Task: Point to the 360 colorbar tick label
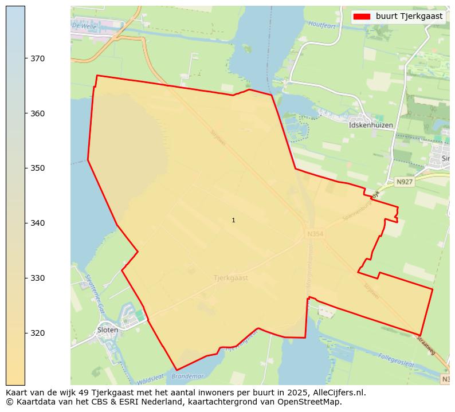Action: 38,113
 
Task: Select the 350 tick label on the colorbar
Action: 38,168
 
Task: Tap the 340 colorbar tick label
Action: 38,223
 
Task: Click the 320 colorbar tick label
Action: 38,333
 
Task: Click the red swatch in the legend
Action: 363,17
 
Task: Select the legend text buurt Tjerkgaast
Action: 409,17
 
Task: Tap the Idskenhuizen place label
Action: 371,124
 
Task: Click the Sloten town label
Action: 108,330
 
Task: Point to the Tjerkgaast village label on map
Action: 230,277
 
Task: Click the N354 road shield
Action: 315,234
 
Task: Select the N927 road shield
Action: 405,182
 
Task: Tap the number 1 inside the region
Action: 233,221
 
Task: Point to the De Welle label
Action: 83,26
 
